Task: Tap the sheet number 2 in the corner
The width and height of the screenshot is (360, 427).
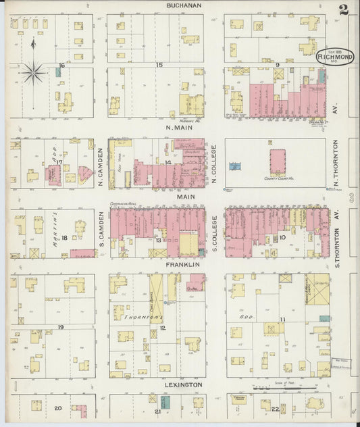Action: point(344,9)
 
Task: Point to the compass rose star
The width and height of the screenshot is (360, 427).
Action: point(34,72)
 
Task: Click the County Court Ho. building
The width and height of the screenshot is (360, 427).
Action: point(278,163)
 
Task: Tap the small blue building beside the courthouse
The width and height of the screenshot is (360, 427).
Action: point(235,166)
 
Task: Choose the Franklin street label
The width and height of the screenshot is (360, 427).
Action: point(184,266)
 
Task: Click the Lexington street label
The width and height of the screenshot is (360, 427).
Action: point(184,385)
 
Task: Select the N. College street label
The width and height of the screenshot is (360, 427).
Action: point(214,166)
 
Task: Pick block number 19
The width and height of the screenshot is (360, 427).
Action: point(61,327)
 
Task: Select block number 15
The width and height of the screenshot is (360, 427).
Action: point(159,65)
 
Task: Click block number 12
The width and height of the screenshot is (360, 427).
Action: point(162,328)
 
